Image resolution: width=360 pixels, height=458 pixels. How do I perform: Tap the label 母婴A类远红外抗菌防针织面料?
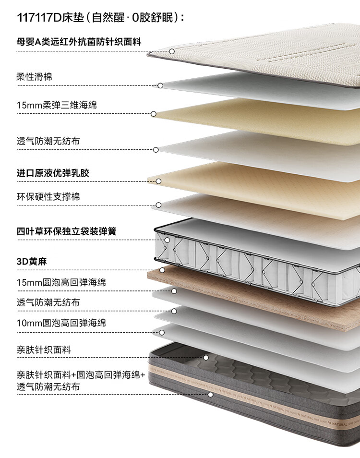[x=79, y=41]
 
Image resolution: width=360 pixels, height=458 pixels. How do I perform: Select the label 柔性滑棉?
[x=35, y=77]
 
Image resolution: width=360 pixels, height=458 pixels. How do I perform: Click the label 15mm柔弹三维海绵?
[x=57, y=105]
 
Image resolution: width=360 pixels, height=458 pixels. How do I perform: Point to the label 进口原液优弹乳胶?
[x=53, y=173]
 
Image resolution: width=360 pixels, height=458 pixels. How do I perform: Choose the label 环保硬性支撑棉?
[x=48, y=196]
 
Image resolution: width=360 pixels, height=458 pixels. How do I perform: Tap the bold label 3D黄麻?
[x=32, y=262]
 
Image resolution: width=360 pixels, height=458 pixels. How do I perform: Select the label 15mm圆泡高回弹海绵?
[x=61, y=282]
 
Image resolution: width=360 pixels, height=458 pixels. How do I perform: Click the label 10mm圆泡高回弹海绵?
[x=61, y=323]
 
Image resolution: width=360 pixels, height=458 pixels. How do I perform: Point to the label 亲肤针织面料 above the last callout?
[x=44, y=350]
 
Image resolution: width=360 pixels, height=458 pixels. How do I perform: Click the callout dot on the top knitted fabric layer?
[x=171, y=51]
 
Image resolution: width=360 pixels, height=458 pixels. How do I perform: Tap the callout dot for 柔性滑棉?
[x=160, y=85]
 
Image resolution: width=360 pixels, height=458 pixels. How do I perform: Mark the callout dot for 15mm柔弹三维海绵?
[x=154, y=114]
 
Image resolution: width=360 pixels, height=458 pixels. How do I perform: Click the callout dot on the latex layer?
[x=158, y=181]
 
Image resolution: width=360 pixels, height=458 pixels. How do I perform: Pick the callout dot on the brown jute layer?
[x=162, y=270]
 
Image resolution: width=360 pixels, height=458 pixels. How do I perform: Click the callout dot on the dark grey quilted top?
[x=206, y=358]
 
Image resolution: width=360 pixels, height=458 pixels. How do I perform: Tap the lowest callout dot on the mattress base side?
[x=210, y=395]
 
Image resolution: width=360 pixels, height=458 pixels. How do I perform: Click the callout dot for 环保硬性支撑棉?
[x=158, y=205]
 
